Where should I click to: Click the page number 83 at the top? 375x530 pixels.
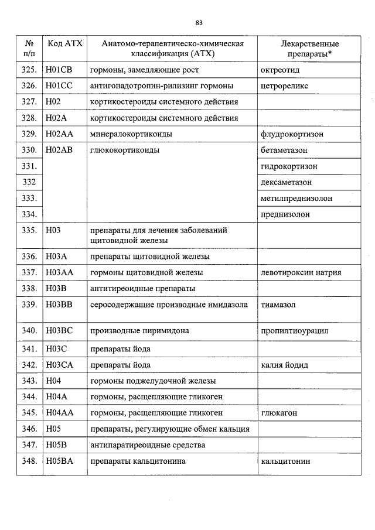coord(199,23)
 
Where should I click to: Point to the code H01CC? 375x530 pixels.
coord(59,86)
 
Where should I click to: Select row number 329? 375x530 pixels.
coord(29,134)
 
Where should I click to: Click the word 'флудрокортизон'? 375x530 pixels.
coord(292,134)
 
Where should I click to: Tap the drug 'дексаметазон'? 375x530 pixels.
coord(287,182)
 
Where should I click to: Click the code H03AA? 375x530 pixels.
coord(59,273)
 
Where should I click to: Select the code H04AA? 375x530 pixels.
coord(59,413)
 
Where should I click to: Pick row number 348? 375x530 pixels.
coord(29,461)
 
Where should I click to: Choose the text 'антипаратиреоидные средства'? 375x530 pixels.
coord(148,445)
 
